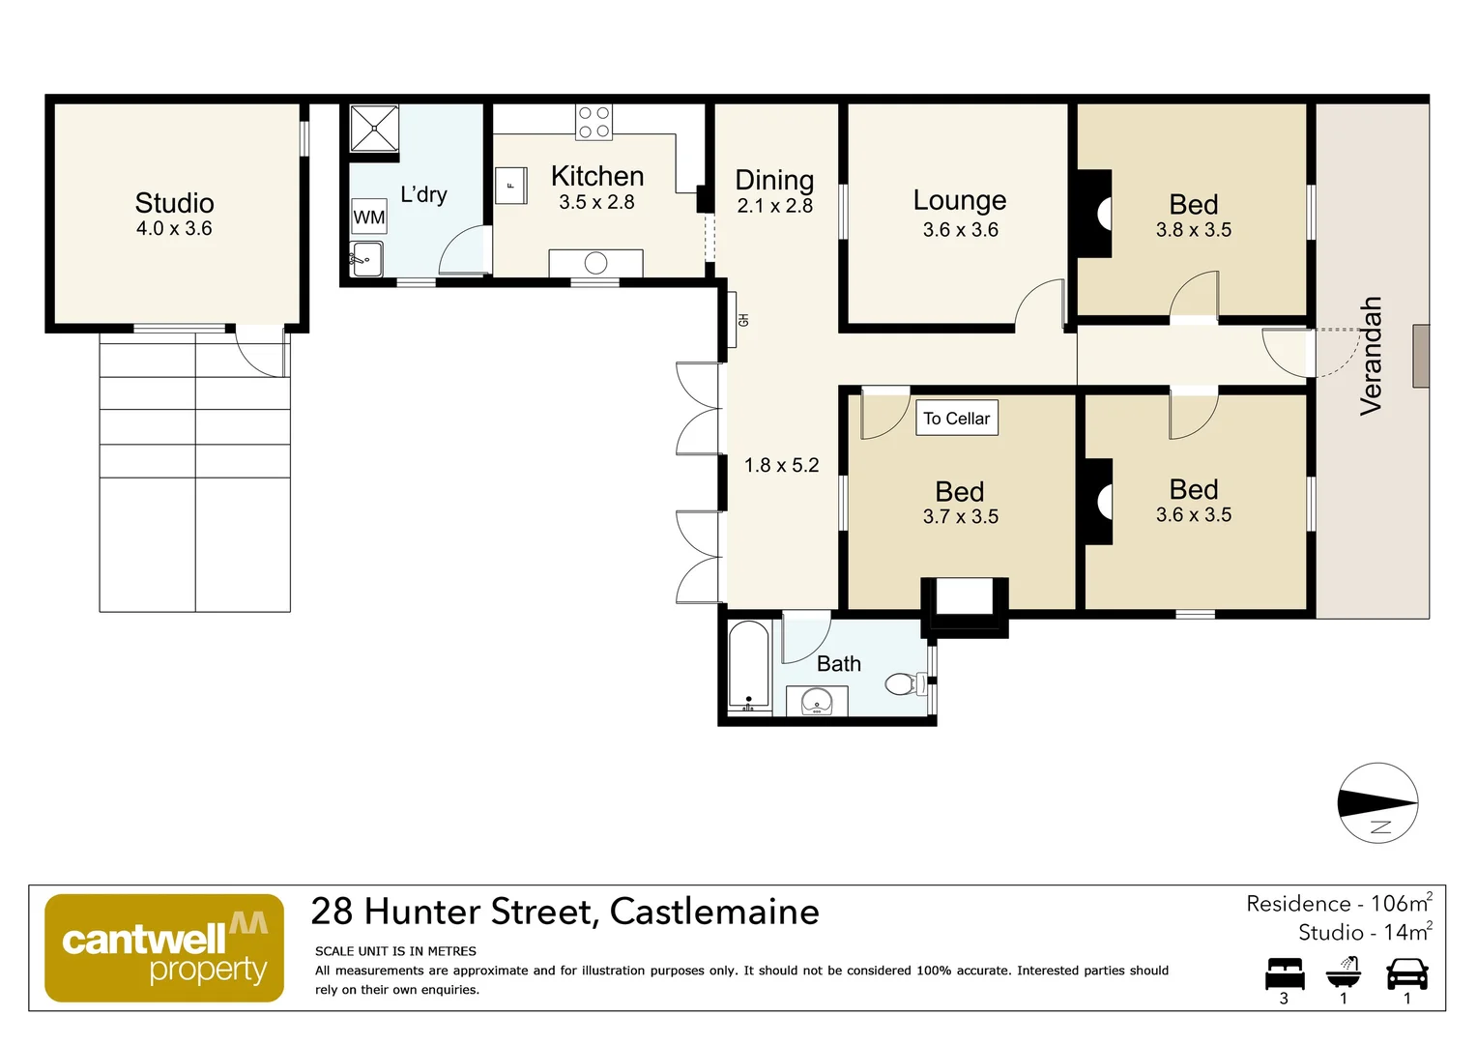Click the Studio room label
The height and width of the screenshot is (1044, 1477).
(174, 203)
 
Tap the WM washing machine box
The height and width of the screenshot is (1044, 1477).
(368, 217)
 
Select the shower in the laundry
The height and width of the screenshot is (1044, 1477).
(374, 129)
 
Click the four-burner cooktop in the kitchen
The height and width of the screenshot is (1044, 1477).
(594, 122)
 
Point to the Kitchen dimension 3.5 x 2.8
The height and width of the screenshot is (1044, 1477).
(596, 203)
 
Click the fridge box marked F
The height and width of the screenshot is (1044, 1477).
(510, 185)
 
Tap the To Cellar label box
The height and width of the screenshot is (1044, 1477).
(956, 419)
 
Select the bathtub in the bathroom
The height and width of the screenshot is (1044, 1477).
(748, 666)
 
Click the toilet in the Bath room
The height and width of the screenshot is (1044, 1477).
(905, 684)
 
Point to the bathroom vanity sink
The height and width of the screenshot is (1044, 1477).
(817, 701)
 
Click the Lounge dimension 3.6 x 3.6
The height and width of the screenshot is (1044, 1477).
(960, 230)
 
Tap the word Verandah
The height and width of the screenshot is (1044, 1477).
(1371, 356)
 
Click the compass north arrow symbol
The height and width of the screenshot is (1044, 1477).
(1377, 803)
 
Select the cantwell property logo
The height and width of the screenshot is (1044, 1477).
(164, 948)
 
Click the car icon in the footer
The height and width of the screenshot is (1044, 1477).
(1406, 973)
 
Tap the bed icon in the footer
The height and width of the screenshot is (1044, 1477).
(1284, 973)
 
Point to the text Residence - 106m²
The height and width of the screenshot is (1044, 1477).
(1338, 904)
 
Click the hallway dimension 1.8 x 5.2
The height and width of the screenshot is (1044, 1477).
(781, 466)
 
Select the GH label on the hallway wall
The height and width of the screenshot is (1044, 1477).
(743, 320)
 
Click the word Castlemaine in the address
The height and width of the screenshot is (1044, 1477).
(714, 912)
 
